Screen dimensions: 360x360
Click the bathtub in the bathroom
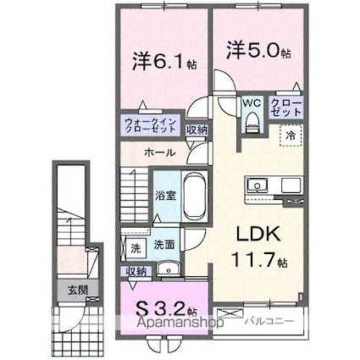tap(195, 197)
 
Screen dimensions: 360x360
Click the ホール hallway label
tap(159, 152)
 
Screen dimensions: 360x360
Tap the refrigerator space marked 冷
tap(290, 133)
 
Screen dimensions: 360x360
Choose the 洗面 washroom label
tap(164, 245)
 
